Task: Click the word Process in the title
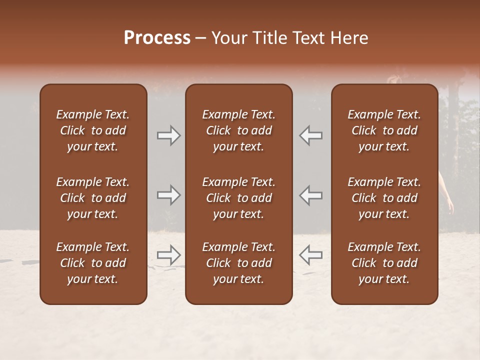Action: click(x=157, y=38)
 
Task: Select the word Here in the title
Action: click(x=349, y=38)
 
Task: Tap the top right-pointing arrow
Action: click(x=168, y=135)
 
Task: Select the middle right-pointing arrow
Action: click(x=168, y=195)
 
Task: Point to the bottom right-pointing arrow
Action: click(x=168, y=255)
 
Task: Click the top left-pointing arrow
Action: click(x=310, y=135)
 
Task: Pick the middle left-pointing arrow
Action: click(x=310, y=195)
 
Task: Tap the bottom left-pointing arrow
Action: click(x=310, y=255)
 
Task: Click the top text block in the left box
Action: click(x=93, y=130)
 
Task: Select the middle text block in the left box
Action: click(x=93, y=198)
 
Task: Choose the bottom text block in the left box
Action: click(x=93, y=263)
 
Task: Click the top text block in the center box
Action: click(x=238, y=130)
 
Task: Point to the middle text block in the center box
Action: click(x=238, y=198)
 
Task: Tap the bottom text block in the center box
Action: click(x=238, y=263)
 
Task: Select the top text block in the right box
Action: click(x=384, y=130)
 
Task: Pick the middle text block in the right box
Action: click(x=384, y=198)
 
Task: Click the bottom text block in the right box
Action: click(x=384, y=263)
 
